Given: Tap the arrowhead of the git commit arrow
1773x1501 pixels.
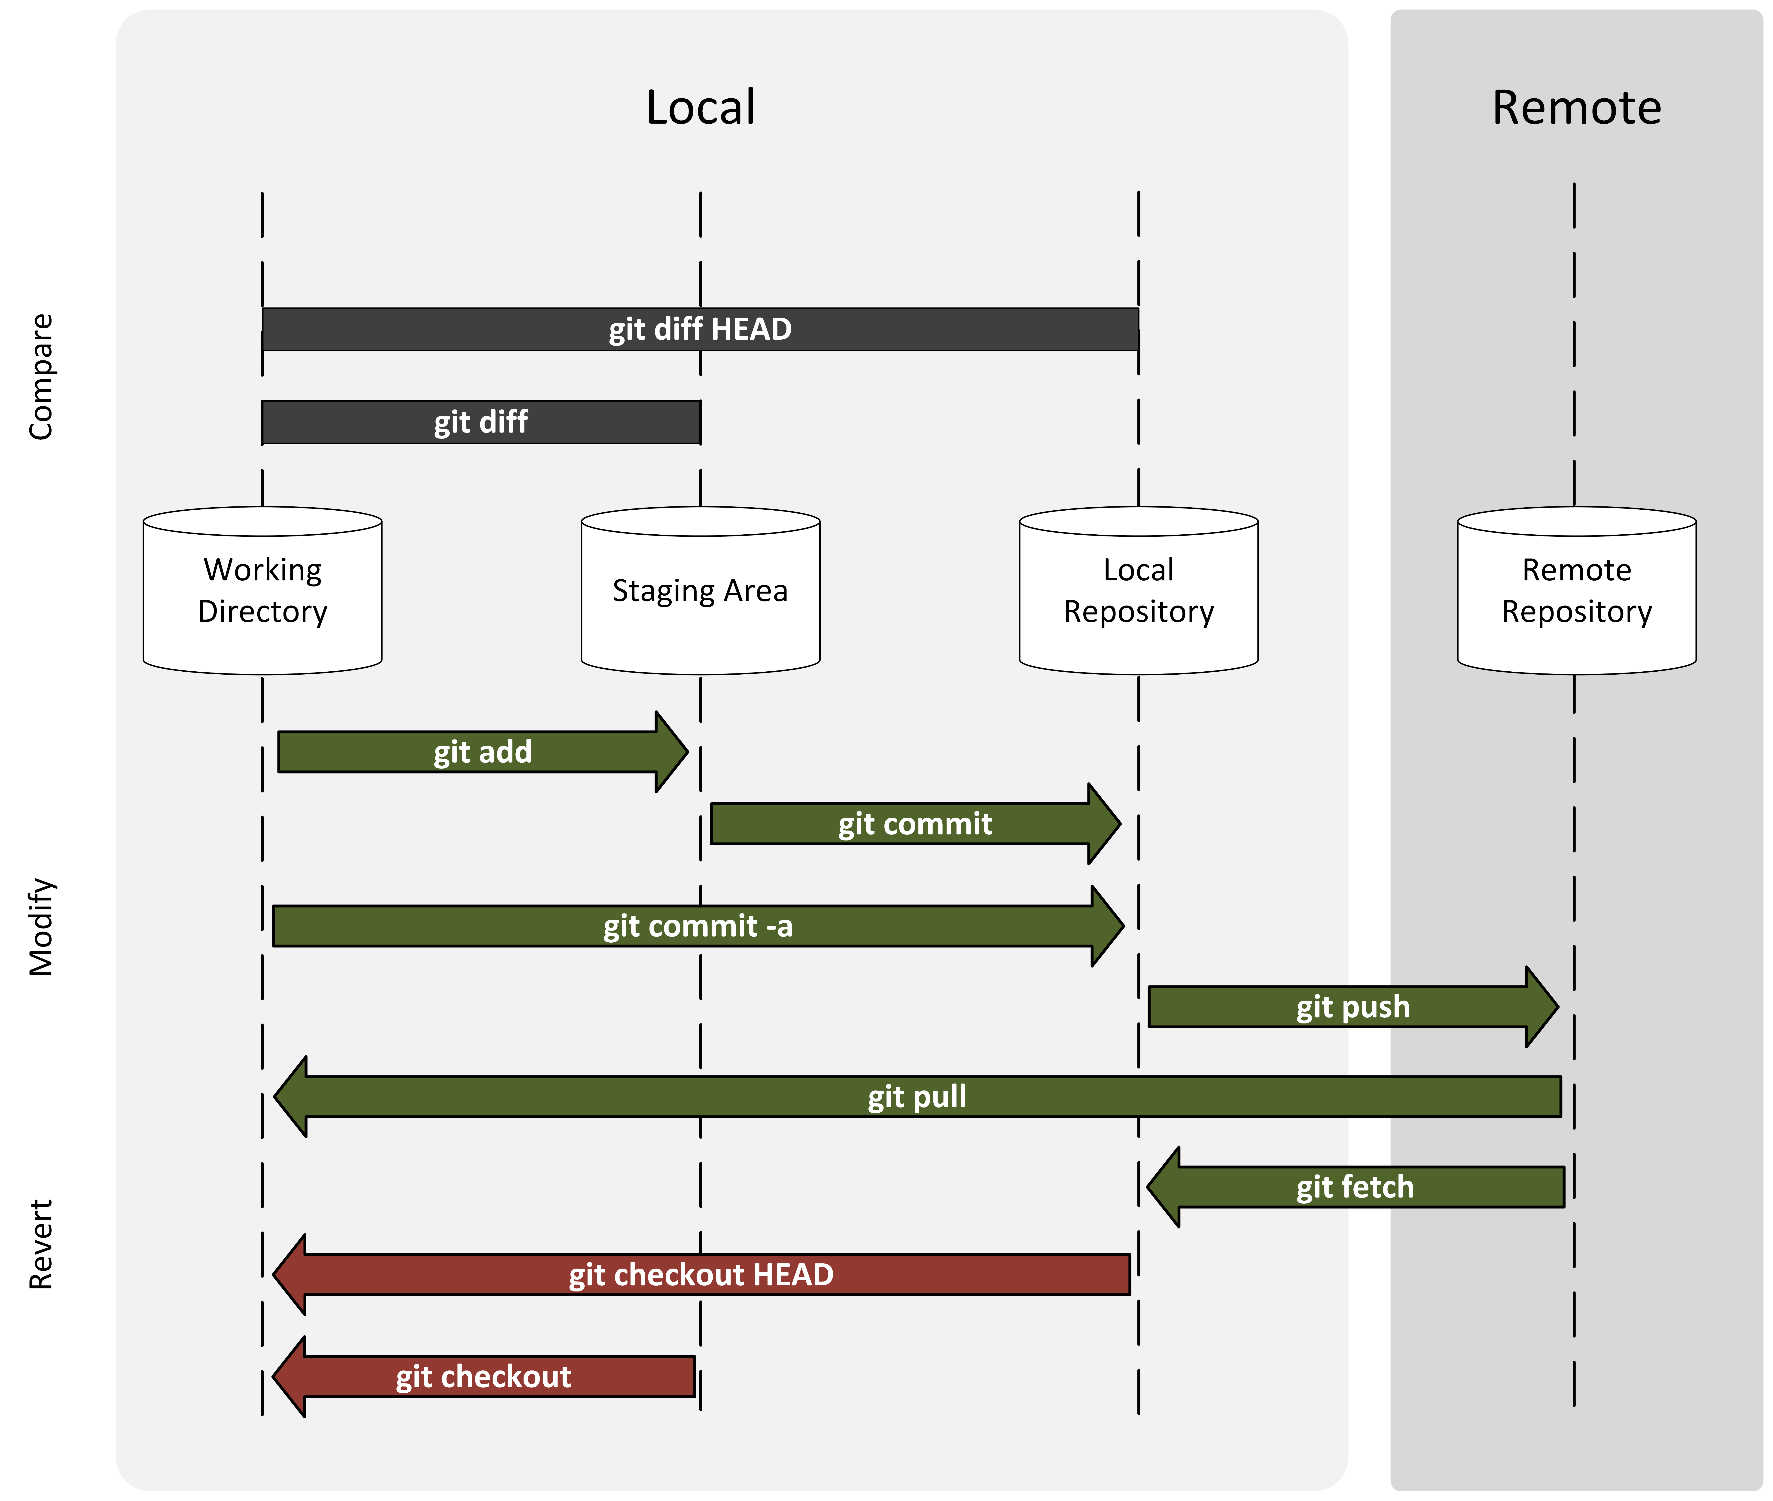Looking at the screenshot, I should (1103, 824).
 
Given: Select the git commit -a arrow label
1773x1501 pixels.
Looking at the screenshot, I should (698, 926).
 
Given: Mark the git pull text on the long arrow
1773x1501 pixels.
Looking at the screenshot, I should (917, 1097).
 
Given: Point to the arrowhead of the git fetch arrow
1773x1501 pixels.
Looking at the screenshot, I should (1164, 1187).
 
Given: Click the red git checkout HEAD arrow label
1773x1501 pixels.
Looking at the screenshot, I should (701, 1275).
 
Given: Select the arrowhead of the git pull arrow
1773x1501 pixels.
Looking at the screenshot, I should (291, 1097).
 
